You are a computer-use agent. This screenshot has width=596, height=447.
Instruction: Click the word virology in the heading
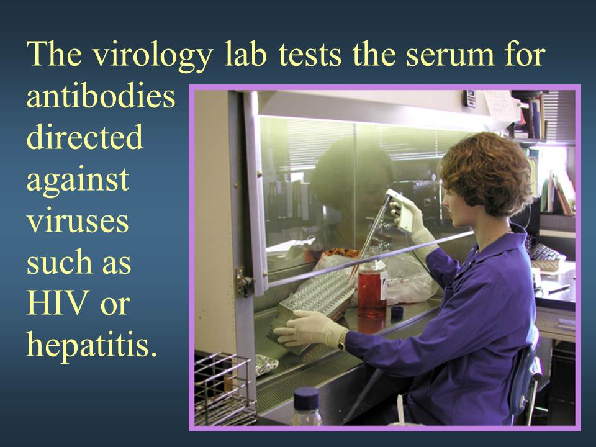[153, 55]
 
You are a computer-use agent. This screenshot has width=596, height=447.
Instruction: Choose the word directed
[85, 137]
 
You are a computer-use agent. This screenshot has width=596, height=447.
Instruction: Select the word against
[78, 181]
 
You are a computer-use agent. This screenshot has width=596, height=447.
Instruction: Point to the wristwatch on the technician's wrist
[341, 340]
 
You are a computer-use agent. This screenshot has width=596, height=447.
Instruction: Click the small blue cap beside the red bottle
[397, 312]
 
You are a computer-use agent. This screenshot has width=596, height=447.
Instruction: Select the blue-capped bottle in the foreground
[306, 406]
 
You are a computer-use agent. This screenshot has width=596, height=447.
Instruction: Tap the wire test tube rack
[224, 390]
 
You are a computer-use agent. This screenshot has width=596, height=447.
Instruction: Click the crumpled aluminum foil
[266, 364]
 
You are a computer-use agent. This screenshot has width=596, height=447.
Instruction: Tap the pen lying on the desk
[559, 289]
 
